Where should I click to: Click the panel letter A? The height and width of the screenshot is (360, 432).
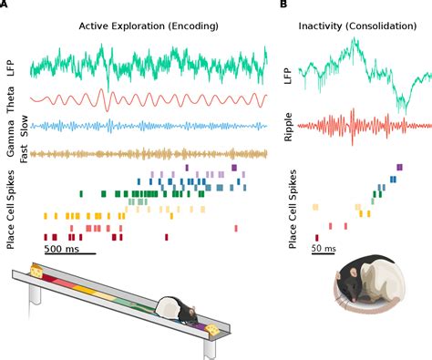click(x=5, y=5)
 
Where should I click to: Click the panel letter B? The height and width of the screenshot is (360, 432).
click(x=283, y=5)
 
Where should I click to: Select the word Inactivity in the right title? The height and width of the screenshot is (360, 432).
click(x=326, y=29)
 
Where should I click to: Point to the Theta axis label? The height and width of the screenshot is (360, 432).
click(x=11, y=100)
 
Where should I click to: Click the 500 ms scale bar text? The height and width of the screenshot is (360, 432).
click(x=66, y=248)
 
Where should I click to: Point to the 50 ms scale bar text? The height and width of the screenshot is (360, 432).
click(x=324, y=248)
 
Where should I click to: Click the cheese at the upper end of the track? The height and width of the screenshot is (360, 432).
click(x=36, y=271)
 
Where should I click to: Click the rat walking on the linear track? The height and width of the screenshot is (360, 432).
click(x=173, y=311)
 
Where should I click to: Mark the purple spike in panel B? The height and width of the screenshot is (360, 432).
click(x=400, y=167)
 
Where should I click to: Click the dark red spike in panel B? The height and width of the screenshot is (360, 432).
click(x=317, y=237)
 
